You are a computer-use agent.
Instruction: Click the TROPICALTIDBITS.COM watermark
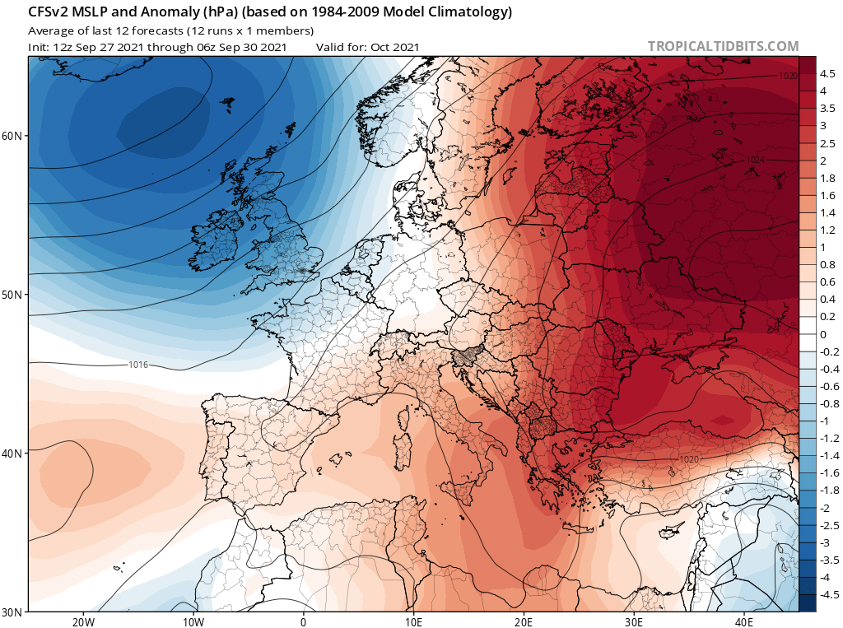click(723, 46)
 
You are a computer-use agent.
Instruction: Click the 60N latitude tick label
click(12, 136)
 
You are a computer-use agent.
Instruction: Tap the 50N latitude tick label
click(12, 295)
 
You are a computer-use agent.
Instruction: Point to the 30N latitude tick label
click(12, 612)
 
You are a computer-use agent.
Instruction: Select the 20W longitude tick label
click(83, 622)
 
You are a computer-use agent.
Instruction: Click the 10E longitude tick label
click(413, 622)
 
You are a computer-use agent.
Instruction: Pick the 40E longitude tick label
click(744, 622)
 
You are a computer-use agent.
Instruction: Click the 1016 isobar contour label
click(138, 365)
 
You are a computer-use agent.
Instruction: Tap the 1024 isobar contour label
click(756, 160)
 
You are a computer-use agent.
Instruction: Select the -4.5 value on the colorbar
click(828, 594)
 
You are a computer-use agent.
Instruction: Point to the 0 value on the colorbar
click(822, 334)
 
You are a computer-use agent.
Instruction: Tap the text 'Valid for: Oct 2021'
click(367, 47)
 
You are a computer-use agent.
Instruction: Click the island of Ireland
click(216, 240)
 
